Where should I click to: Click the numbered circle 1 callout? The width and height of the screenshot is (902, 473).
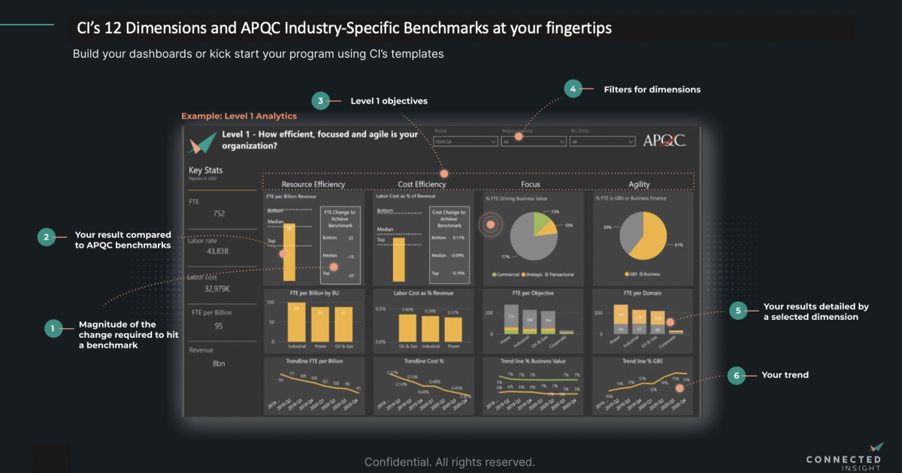pos(52,328)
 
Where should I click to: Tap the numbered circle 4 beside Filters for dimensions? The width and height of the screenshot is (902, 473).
pos(573,89)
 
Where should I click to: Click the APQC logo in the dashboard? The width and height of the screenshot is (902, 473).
pos(664,140)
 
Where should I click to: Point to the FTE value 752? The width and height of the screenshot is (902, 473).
pos(219,213)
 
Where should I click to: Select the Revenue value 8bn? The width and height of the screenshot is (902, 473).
pos(219,363)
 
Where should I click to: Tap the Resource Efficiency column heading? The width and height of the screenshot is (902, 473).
pos(313,184)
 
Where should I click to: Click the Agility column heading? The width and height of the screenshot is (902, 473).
pos(639,184)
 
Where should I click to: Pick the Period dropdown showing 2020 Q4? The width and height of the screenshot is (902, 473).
pos(465,141)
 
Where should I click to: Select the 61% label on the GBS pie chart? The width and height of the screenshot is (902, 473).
pos(678,245)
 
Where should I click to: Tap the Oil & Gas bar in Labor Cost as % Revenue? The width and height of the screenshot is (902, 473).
pos(407,327)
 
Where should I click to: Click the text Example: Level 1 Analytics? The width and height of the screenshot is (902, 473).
pos(239,116)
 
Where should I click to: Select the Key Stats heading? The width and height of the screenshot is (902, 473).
pos(205,170)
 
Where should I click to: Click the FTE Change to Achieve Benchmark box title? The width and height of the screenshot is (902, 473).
pos(339,218)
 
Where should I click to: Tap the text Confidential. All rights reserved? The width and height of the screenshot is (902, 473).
pos(449,462)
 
